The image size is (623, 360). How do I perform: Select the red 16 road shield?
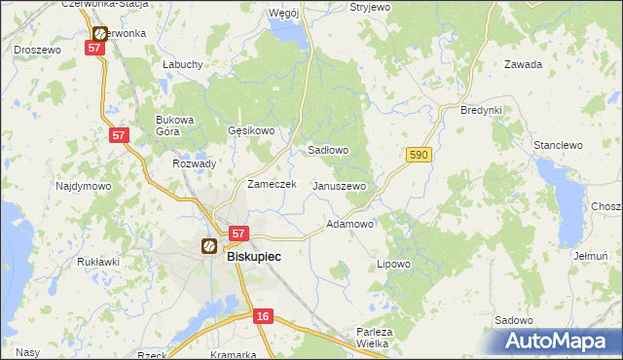pyautogui.click(x=263, y=316)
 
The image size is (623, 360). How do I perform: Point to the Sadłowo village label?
pyautogui.click(x=328, y=151)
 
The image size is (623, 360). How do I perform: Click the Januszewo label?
pyautogui.click(x=339, y=186)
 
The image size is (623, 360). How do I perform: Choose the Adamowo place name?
pyautogui.click(x=349, y=224)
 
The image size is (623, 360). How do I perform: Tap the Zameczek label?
pyautogui.click(x=272, y=184)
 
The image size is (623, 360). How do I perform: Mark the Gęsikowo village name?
pyautogui.click(x=251, y=130)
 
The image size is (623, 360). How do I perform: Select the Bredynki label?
pyautogui.click(x=481, y=110)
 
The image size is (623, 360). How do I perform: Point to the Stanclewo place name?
pyautogui.click(x=558, y=145)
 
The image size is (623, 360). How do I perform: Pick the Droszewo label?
pyautogui.click(x=37, y=49)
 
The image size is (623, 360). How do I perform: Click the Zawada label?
pyautogui.click(x=523, y=64)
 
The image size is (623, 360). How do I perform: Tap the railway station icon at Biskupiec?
pyautogui.click(x=208, y=247)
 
